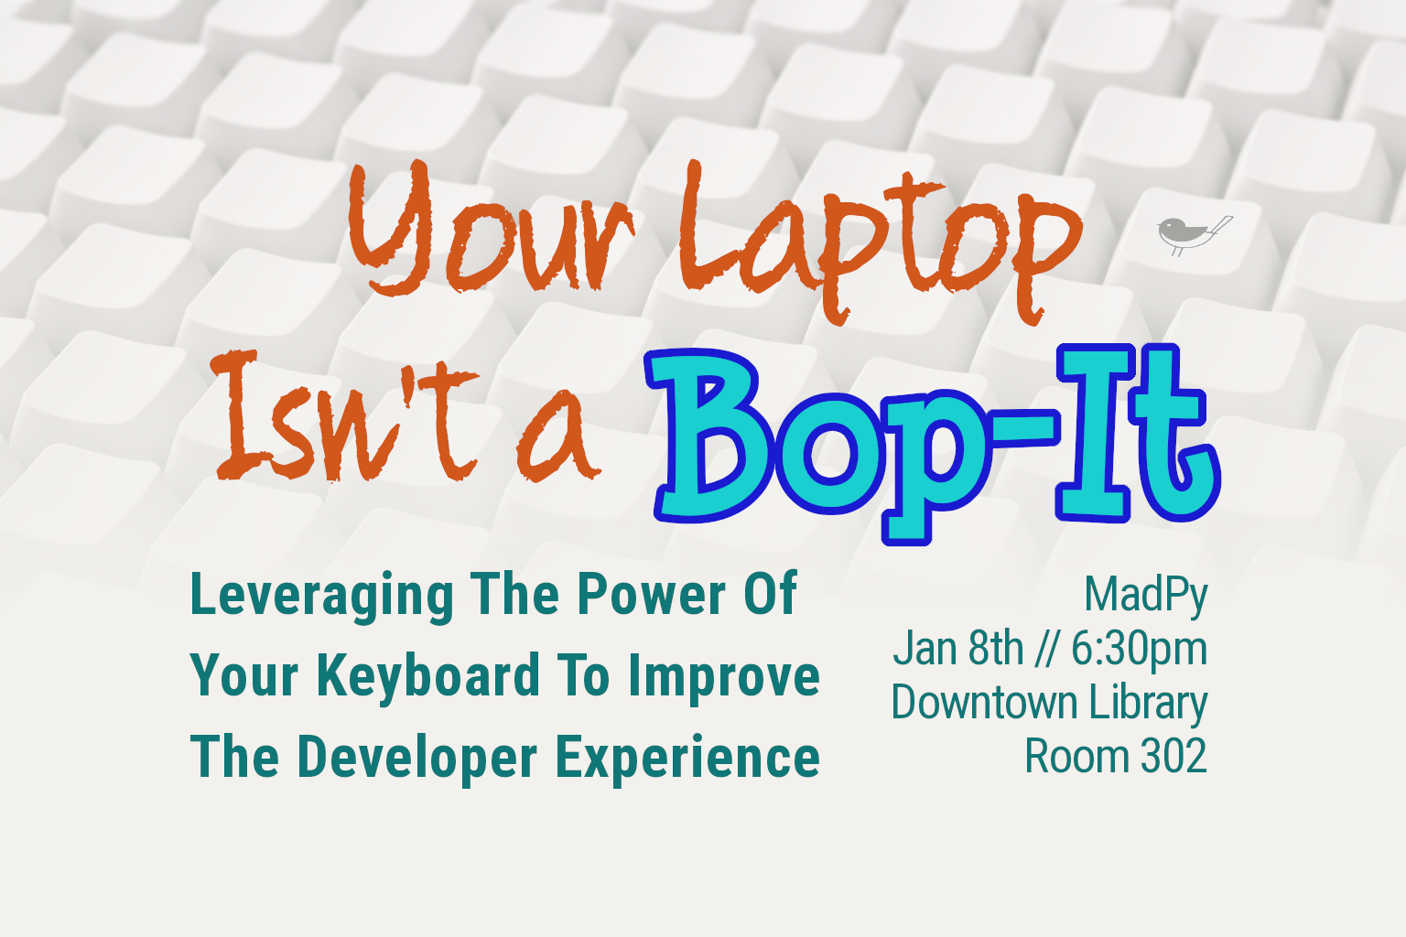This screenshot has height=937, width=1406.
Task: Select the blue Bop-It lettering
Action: tap(934, 439)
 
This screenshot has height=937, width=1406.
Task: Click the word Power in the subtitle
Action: tap(651, 595)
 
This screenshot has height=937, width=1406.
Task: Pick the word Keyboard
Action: tap(429, 677)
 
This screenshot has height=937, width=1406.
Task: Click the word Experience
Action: tap(687, 759)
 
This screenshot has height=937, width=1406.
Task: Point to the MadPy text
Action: tap(1145, 596)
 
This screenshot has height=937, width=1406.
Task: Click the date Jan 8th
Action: tap(957, 649)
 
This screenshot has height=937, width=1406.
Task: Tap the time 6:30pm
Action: tap(1139, 649)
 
